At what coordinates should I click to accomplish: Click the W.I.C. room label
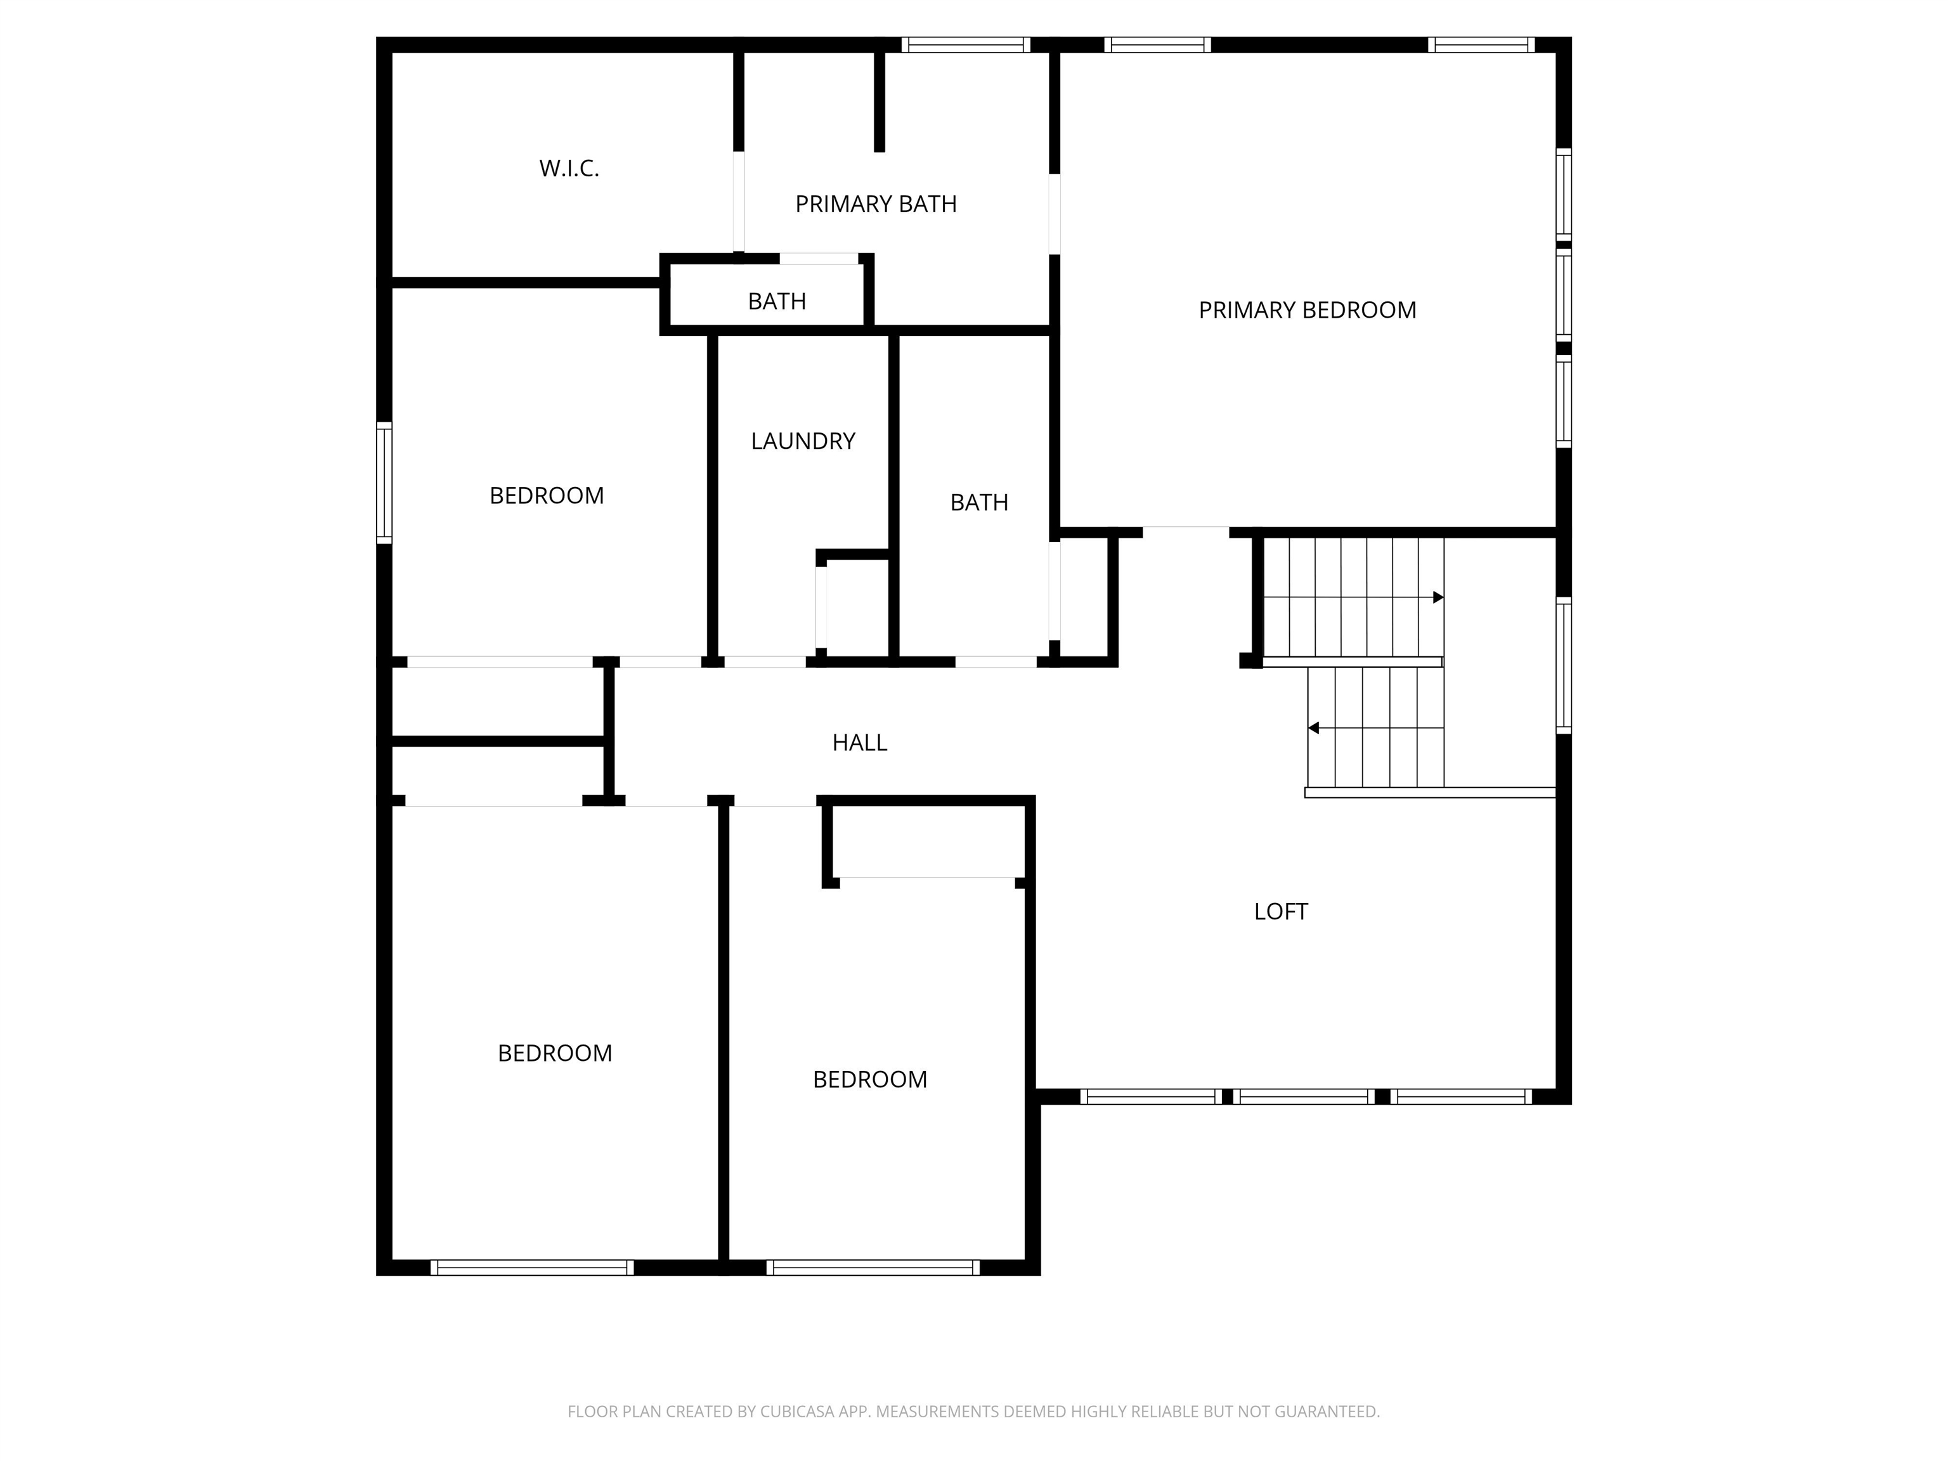569,168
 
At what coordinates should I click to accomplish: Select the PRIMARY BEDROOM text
1307,310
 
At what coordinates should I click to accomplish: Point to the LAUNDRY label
803,441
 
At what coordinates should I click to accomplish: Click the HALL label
859,743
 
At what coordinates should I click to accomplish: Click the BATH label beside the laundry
978,503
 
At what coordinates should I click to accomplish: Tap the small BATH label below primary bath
777,302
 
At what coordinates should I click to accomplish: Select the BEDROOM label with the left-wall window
547,496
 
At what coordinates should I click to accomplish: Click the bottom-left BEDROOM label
555,1053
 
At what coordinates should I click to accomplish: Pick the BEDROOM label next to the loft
870,1080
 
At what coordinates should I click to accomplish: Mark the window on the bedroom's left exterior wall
384,483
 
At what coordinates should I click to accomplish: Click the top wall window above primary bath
965,45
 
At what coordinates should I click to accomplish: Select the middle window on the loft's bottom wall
1303,1096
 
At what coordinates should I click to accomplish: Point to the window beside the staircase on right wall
1563,666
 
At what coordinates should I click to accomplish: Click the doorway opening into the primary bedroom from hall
1185,532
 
